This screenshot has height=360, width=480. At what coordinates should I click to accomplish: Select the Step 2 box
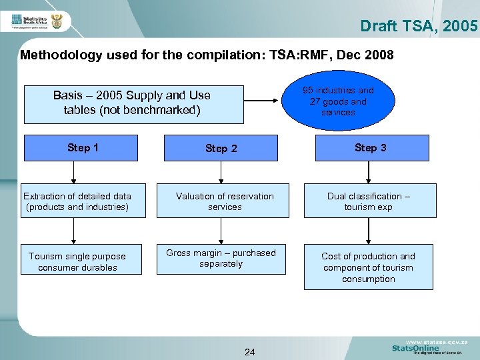tap(221, 148)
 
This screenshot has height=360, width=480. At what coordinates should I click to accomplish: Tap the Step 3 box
tap(370, 148)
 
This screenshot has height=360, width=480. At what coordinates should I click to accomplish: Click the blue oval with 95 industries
tap(337, 101)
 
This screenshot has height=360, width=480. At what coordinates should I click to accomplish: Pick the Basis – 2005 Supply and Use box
tap(133, 103)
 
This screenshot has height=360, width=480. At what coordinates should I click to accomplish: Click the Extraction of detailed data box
tap(77, 201)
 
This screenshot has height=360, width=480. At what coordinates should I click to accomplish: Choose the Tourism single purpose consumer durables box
tap(77, 261)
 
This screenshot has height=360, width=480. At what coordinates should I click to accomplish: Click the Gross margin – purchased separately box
tap(221, 259)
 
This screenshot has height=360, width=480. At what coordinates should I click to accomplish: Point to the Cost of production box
tap(368, 267)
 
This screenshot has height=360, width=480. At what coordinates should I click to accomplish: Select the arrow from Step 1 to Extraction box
tap(74, 172)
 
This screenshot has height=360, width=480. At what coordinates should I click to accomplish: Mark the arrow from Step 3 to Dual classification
tap(368, 172)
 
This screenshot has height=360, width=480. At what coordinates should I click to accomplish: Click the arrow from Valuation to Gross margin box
tap(221, 231)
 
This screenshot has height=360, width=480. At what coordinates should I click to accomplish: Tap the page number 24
tap(249, 351)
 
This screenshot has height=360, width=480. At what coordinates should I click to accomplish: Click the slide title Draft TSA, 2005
tap(419, 26)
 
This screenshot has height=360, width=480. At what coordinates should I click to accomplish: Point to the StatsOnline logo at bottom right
tap(416, 348)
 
